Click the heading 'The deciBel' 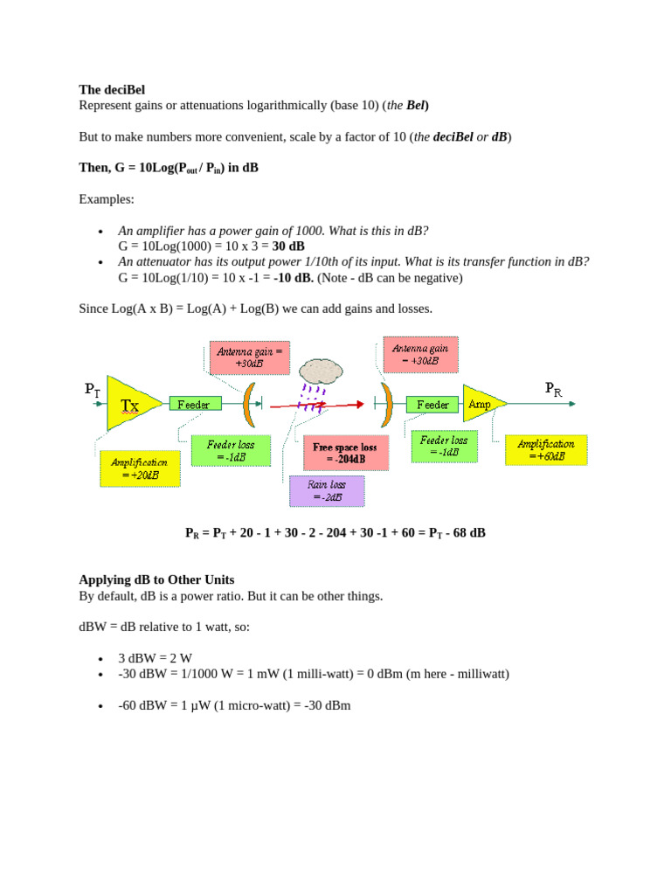click(112, 89)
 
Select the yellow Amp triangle click(482, 404)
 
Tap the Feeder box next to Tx click(195, 404)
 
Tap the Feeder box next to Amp click(432, 405)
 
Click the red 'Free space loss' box click(345, 453)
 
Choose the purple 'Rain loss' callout click(328, 490)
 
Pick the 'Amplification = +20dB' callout click(140, 468)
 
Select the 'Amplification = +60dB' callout click(546, 450)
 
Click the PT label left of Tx click(93, 390)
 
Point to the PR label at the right click(553, 388)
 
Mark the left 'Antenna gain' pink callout click(249, 357)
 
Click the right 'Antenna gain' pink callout click(420, 354)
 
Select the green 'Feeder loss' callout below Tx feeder click(231, 450)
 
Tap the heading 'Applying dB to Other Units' click(156, 579)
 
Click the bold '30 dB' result click(288, 246)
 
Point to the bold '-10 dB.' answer click(294, 278)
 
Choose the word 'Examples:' click(107, 199)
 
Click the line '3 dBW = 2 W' click(155, 658)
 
